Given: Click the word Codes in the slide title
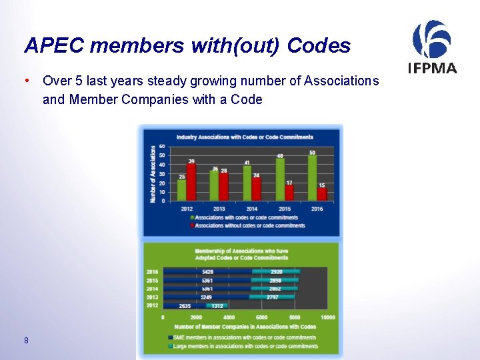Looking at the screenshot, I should tap(319, 45).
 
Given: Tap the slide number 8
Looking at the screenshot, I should tap(25, 341).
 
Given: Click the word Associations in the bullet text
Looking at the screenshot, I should tap(341, 81).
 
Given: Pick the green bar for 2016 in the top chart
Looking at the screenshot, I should tap(312, 179).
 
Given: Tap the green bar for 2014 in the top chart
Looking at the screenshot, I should tap(247, 183).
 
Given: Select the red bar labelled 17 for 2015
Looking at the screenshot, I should tap(289, 193).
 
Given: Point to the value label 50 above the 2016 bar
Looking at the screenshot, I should tap(312, 153).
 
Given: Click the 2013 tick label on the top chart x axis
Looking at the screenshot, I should tap(219, 209).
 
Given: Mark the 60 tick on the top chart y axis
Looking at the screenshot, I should tap(162, 147).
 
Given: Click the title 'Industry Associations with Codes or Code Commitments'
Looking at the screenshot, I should tap(244, 137).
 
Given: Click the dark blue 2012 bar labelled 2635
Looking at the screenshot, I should tap(185, 305).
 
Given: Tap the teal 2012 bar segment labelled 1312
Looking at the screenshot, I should tap(217, 305).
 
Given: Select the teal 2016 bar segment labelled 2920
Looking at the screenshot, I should tap(276, 271).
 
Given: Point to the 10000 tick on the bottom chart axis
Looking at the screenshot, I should tap(327, 317).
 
